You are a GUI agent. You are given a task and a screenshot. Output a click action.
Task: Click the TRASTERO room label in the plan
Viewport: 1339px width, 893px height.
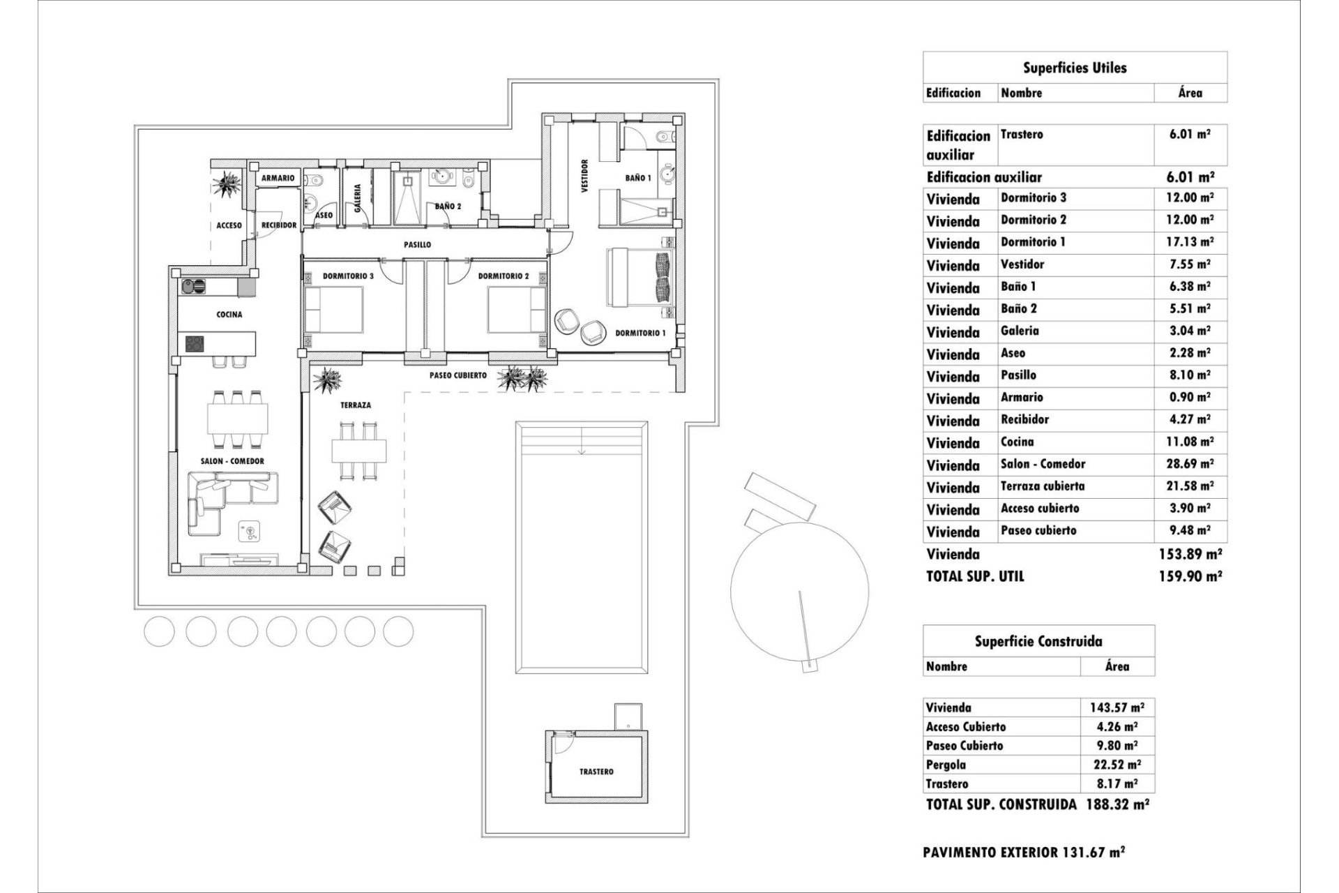[596, 772]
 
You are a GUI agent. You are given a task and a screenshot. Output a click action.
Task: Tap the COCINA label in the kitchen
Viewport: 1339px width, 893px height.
[229, 315]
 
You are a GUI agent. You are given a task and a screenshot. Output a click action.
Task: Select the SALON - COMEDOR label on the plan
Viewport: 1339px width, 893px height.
[232, 461]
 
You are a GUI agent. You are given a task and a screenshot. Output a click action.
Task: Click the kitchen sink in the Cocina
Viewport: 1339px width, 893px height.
[195, 285]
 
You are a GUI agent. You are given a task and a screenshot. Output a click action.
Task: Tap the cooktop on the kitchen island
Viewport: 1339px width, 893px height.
[195, 343]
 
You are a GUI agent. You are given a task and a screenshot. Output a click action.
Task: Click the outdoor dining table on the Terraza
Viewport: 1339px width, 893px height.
[358, 451]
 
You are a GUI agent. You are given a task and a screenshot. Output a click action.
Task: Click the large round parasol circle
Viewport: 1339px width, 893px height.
[799, 590]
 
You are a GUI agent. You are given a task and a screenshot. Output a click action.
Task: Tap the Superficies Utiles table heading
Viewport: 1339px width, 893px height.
[1075, 68]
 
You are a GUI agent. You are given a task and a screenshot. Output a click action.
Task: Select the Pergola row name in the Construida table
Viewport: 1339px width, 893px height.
[946, 765]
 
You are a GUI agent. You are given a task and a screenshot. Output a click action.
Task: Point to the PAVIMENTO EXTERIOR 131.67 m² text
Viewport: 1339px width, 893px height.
[1023, 852]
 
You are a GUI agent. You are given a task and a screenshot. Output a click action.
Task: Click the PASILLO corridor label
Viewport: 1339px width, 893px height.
[417, 245]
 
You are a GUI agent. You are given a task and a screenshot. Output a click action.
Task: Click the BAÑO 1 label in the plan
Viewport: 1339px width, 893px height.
[637, 178]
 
